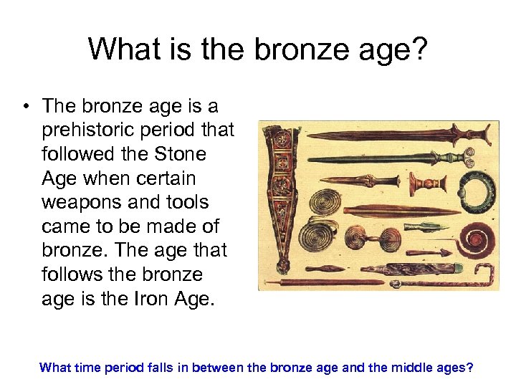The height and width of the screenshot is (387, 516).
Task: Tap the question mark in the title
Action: coord(420,49)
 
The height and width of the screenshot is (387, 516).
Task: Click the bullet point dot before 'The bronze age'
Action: coord(26,107)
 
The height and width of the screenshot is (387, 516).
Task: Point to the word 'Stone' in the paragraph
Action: coord(180,154)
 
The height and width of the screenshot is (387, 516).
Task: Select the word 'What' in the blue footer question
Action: coord(54,368)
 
